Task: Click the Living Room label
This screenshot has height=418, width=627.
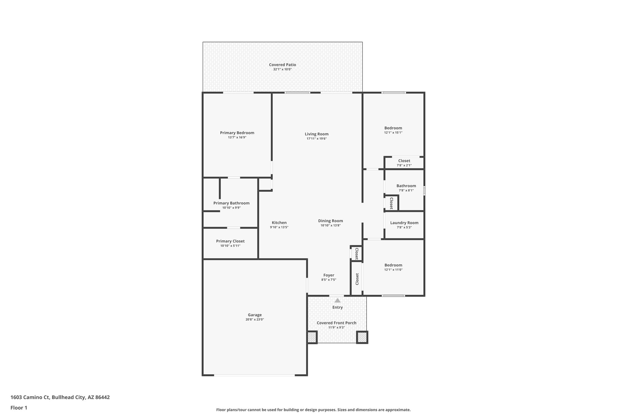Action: pyautogui.click(x=317, y=134)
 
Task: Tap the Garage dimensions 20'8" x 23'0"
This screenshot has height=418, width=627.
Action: pyautogui.click(x=255, y=319)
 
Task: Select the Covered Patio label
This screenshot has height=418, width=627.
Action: pyautogui.click(x=282, y=65)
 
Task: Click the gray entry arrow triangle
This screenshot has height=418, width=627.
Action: pyautogui.click(x=337, y=300)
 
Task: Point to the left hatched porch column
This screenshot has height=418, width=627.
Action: pyautogui.click(x=312, y=337)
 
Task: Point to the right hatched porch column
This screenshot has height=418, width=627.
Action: pyautogui.click(x=362, y=337)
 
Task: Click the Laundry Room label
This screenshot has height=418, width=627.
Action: pyautogui.click(x=404, y=223)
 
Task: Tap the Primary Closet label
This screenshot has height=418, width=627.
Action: pyautogui.click(x=230, y=241)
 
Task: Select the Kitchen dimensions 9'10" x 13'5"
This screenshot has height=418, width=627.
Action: pyautogui.click(x=279, y=227)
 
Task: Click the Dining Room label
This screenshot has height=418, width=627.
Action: pyautogui.click(x=330, y=220)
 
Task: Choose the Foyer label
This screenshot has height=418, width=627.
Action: pyautogui.click(x=329, y=275)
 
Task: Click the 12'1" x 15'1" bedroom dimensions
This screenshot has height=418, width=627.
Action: pyautogui.click(x=393, y=133)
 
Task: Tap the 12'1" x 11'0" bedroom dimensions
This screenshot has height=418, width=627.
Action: pyautogui.click(x=393, y=270)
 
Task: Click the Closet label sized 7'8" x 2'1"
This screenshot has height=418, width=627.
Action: pyautogui.click(x=404, y=161)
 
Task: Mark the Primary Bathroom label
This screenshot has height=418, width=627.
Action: pyautogui.click(x=231, y=203)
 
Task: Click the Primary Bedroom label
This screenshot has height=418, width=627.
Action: pyautogui.click(x=237, y=133)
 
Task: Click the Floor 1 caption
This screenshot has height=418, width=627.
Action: pyautogui.click(x=19, y=408)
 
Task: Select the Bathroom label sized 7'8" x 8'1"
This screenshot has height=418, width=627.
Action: pyautogui.click(x=406, y=186)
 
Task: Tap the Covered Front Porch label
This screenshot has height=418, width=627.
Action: pyautogui.click(x=336, y=323)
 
